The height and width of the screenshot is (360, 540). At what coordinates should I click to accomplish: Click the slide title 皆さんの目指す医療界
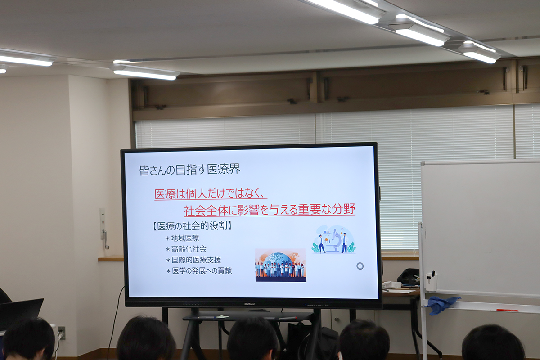pyautogui.click(x=190, y=170)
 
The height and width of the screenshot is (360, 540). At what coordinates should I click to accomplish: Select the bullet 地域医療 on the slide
pyautogui.click(x=183, y=238)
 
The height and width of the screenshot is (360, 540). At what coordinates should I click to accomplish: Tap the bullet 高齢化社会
pyautogui.click(x=186, y=249)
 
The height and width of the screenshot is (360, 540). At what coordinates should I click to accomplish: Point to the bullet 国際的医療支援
pyautogui.click(x=193, y=260)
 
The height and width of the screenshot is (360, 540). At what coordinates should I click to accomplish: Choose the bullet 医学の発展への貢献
pyautogui.click(x=199, y=271)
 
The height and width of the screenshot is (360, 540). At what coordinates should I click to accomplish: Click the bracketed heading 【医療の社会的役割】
pyautogui.click(x=192, y=226)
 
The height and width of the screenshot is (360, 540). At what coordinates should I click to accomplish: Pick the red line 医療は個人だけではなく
pyautogui.click(x=211, y=193)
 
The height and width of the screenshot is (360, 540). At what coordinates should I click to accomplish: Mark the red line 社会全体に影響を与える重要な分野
pyautogui.click(x=270, y=209)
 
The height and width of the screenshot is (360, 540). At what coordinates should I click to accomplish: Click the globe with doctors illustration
pyautogui.click(x=281, y=265)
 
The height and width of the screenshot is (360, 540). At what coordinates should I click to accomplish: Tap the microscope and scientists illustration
pyautogui.click(x=334, y=239)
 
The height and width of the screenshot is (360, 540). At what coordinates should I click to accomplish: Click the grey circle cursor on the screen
pyautogui.click(x=360, y=266)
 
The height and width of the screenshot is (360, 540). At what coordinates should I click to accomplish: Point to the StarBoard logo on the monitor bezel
pyautogui.click(x=249, y=304)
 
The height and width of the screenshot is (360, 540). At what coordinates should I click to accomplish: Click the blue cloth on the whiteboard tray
pyautogui.click(x=442, y=305)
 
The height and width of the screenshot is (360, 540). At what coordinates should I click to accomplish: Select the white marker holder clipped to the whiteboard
pyautogui.click(x=432, y=281)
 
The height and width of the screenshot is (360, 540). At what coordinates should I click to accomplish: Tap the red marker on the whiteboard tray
pyautogui.click(x=507, y=310)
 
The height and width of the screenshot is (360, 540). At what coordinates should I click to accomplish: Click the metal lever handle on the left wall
pyautogui.click(x=105, y=239)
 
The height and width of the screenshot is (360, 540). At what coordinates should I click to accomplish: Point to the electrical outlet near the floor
pyautogui.click(x=61, y=333)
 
